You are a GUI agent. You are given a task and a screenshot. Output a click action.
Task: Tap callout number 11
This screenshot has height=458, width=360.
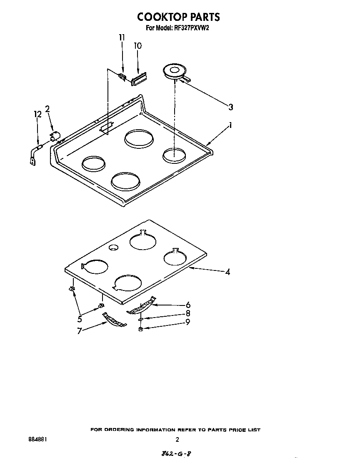(122, 38)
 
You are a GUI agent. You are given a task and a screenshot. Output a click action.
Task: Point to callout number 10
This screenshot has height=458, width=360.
(137, 46)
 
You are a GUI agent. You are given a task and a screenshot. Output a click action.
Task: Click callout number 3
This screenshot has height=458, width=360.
(230, 107)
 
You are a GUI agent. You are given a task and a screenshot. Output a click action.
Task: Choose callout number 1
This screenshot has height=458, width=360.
(230, 125)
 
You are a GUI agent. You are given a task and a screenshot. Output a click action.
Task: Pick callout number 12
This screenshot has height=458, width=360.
(37, 114)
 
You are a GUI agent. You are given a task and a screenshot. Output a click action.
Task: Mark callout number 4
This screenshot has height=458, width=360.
(227, 272)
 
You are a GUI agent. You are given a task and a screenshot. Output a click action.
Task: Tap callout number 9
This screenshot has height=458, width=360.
(188, 322)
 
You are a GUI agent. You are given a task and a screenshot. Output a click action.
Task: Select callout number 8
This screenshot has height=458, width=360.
(188, 313)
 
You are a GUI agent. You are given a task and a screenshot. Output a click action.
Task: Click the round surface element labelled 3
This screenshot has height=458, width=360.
(172, 72)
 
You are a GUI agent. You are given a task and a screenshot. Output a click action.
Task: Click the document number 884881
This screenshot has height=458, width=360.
(37, 439)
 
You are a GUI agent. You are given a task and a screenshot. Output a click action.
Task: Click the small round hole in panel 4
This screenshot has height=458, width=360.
(112, 248)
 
